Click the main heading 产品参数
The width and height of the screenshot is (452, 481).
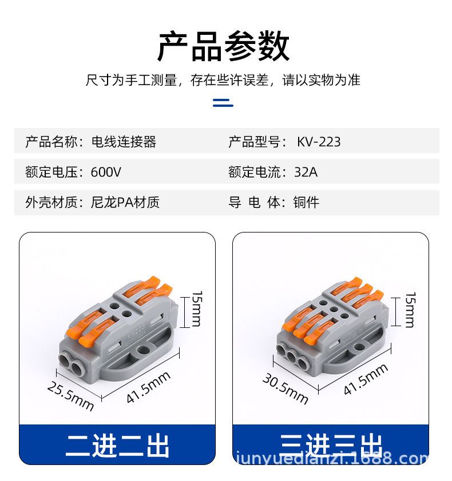tap(223, 46)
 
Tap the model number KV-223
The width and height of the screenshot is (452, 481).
tap(319, 142)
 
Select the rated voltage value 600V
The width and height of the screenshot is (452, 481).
tap(106, 172)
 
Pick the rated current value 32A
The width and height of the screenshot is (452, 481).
tap(306, 172)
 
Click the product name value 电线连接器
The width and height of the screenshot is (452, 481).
tap(124, 142)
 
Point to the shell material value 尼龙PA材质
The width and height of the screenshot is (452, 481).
tap(125, 202)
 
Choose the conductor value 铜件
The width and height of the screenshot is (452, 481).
tap(306, 202)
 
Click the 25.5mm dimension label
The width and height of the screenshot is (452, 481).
tap(70, 396)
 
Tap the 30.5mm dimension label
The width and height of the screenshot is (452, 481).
tap(285, 388)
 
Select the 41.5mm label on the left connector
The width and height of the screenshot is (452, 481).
tap(148, 387)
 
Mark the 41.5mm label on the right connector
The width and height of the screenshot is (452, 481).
tap(366, 379)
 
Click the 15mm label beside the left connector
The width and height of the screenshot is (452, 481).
tap(197, 308)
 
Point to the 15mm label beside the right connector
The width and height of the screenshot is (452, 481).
tap(410, 310)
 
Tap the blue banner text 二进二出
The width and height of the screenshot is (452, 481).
tap(117, 446)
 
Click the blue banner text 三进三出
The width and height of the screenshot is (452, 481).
tap(331, 445)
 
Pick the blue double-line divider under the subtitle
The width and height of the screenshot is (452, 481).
tap(223, 102)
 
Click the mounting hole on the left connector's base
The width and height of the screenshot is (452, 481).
tap(142, 350)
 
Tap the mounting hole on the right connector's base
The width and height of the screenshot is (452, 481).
tap(359, 347)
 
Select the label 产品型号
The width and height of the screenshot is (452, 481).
tap(254, 142)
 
